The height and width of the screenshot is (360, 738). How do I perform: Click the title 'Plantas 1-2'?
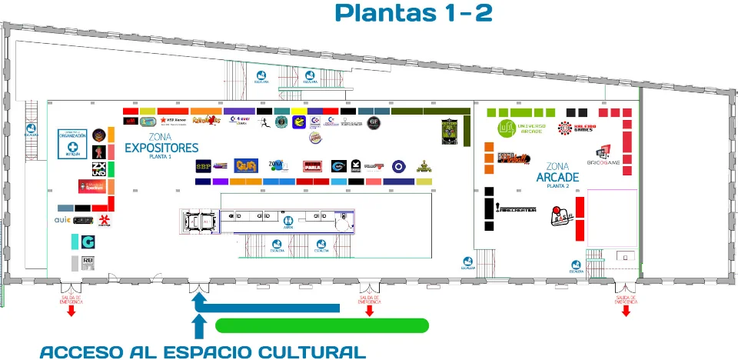click(x=414, y=13)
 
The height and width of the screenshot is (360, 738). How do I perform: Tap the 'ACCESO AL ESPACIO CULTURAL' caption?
click(x=201, y=352)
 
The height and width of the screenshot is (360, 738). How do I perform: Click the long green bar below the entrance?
click(x=321, y=325)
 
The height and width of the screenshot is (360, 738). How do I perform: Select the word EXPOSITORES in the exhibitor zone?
click(x=161, y=148)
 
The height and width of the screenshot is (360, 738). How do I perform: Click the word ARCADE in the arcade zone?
click(x=557, y=177)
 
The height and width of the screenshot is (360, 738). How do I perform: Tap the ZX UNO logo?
click(x=98, y=168)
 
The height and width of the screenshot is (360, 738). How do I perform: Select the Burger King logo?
click(x=314, y=138)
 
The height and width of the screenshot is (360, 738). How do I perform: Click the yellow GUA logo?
click(x=244, y=165)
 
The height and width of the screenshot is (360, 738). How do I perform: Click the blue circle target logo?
click(x=397, y=165)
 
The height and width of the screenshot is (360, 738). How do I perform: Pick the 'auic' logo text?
click(x=62, y=220)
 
